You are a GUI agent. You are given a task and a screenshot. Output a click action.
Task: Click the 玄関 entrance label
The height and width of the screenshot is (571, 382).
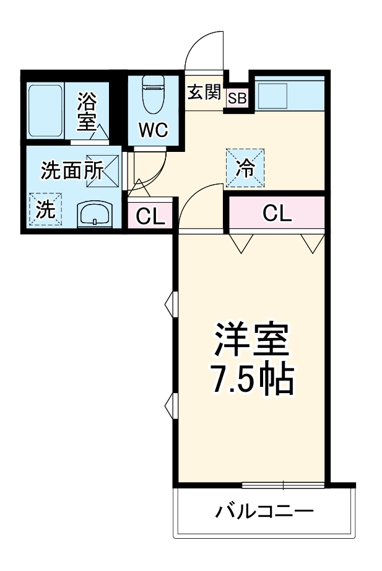(x=204, y=92)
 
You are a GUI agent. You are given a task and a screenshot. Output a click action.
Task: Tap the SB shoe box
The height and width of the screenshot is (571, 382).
(x=237, y=99)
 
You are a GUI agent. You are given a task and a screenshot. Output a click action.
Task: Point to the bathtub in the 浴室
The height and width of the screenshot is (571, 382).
(x=46, y=111)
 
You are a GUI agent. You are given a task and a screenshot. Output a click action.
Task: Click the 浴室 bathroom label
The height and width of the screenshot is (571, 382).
(x=87, y=112)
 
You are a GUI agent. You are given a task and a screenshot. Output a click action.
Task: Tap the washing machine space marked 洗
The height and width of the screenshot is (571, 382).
(x=45, y=210)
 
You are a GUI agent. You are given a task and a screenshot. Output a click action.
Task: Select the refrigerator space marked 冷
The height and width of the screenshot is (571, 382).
(x=246, y=168)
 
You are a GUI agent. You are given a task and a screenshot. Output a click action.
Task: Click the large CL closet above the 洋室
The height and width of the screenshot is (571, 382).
(x=276, y=213)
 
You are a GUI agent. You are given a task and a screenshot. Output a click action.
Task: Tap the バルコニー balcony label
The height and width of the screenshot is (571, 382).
(x=264, y=512)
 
